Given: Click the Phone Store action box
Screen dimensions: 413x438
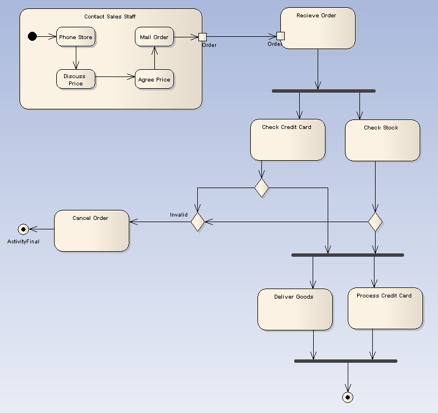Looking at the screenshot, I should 76,37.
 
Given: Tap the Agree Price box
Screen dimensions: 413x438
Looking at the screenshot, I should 154,79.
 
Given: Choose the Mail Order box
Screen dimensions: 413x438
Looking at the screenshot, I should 154,37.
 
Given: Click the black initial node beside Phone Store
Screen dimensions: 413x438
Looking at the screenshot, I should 32,37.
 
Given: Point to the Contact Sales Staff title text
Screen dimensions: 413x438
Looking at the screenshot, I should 110,17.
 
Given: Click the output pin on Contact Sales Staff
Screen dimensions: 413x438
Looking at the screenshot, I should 202,37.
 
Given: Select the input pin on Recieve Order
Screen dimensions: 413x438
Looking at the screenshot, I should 280,36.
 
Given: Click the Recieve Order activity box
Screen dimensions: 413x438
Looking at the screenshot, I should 318,28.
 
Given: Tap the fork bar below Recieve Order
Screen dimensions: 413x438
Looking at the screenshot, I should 323,90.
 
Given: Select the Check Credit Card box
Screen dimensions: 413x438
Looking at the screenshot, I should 288,140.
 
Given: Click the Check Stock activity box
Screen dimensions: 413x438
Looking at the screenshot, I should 382,141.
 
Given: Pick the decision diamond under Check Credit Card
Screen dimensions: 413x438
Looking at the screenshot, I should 261,188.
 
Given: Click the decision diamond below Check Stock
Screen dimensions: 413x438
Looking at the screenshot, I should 375,222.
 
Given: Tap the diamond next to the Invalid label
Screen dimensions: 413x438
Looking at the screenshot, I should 198,222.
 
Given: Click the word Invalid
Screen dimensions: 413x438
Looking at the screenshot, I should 179,215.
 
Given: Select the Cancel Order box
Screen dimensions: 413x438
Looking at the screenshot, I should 91,230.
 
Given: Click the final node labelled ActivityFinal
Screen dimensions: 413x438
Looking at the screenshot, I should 23,229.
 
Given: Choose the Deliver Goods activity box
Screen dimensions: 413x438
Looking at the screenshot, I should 295,309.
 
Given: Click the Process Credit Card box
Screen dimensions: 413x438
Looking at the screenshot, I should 385,308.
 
